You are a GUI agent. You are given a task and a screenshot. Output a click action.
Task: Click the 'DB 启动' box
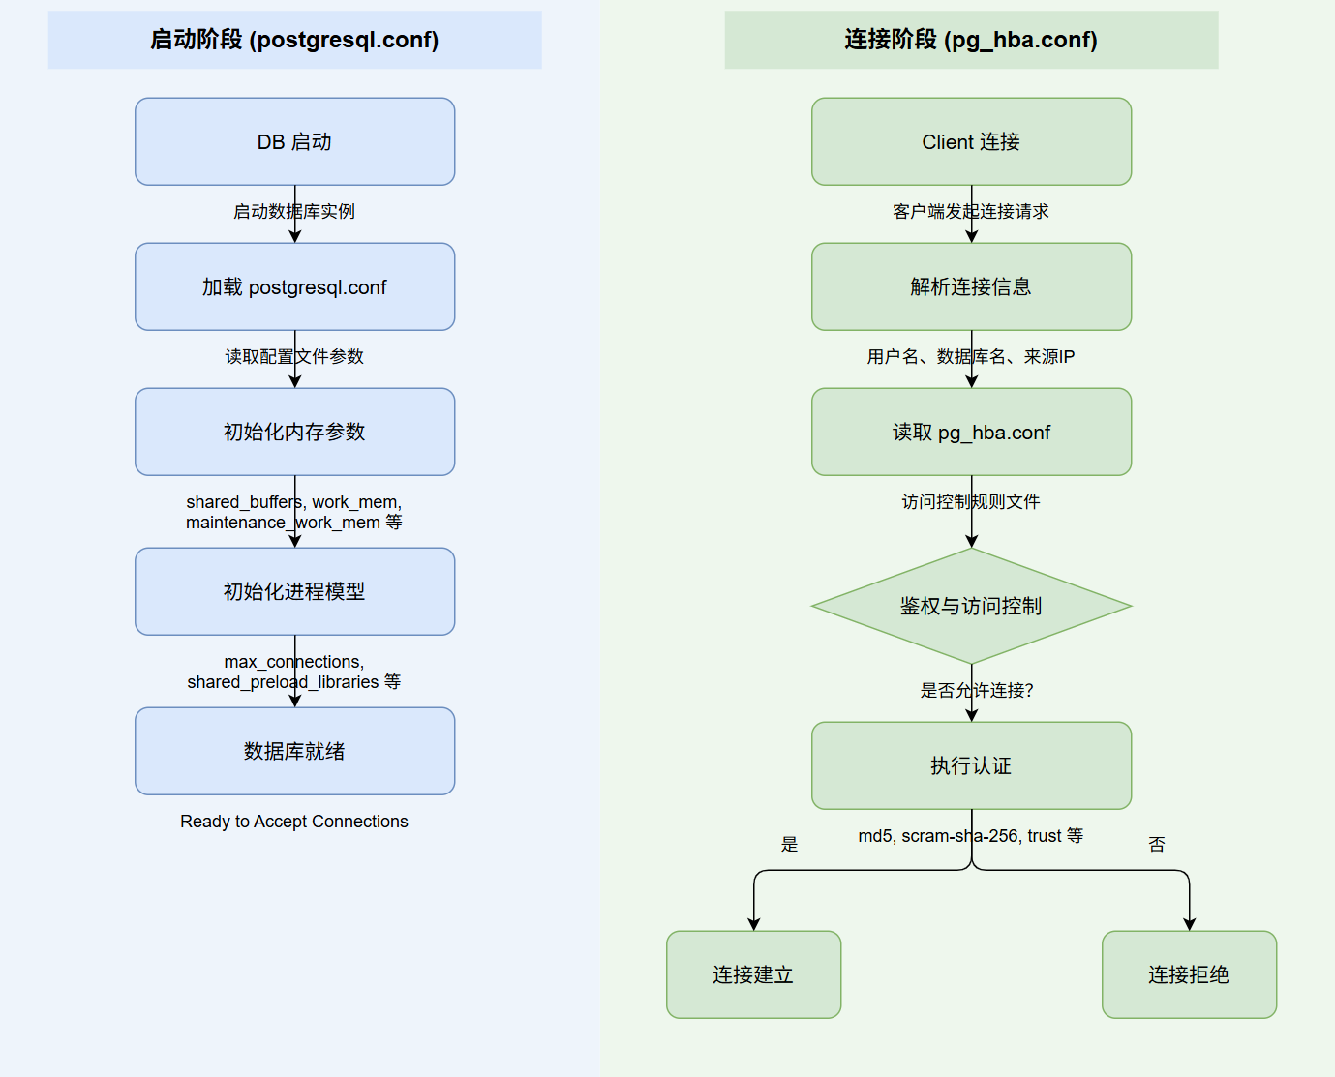pyautogui.click(x=294, y=141)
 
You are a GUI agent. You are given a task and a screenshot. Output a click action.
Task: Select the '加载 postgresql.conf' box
pyautogui.click(x=294, y=286)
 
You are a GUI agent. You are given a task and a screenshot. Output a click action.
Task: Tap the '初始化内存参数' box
pyautogui.click(x=294, y=432)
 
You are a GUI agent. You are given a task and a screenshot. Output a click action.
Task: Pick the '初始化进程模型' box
pyautogui.click(x=294, y=591)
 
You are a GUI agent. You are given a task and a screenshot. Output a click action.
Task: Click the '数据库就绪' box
pyautogui.click(x=294, y=751)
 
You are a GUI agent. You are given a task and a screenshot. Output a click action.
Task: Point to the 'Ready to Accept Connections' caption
pyautogui.click(x=294, y=822)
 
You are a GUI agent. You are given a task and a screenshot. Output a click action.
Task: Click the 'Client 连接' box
pyautogui.click(x=971, y=141)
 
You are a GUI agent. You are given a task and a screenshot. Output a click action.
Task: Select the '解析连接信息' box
pyautogui.click(x=971, y=286)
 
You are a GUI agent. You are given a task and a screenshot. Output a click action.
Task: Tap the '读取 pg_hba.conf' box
pyautogui.click(x=971, y=432)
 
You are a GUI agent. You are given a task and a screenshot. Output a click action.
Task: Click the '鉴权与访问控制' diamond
pyautogui.click(x=971, y=606)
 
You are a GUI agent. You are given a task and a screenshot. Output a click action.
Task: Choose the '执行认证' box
pyautogui.click(x=971, y=765)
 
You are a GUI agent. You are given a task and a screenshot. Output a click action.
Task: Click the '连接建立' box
pyautogui.click(x=753, y=974)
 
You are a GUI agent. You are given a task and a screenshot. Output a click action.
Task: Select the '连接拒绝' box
pyautogui.click(x=1189, y=974)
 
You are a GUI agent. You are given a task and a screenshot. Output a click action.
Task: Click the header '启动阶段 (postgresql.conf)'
pyautogui.click(x=294, y=40)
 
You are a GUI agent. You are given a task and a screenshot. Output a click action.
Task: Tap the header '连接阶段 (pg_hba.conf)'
pyautogui.click(x=971, y=40)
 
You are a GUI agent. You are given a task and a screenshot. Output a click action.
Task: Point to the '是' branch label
pyautogui.click(x=790, y=845)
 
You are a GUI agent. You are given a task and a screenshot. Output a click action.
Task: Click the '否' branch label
pyautogui.click(x=1157, y=845)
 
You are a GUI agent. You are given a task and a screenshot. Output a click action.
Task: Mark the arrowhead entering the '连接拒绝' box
pyautogui.click(x=1189, y=924)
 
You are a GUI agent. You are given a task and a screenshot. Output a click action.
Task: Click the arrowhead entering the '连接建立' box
pyautogui.click(x=753, y=924)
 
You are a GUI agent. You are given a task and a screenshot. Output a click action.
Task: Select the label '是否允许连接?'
pyautogui.click(x=977, y=690)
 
